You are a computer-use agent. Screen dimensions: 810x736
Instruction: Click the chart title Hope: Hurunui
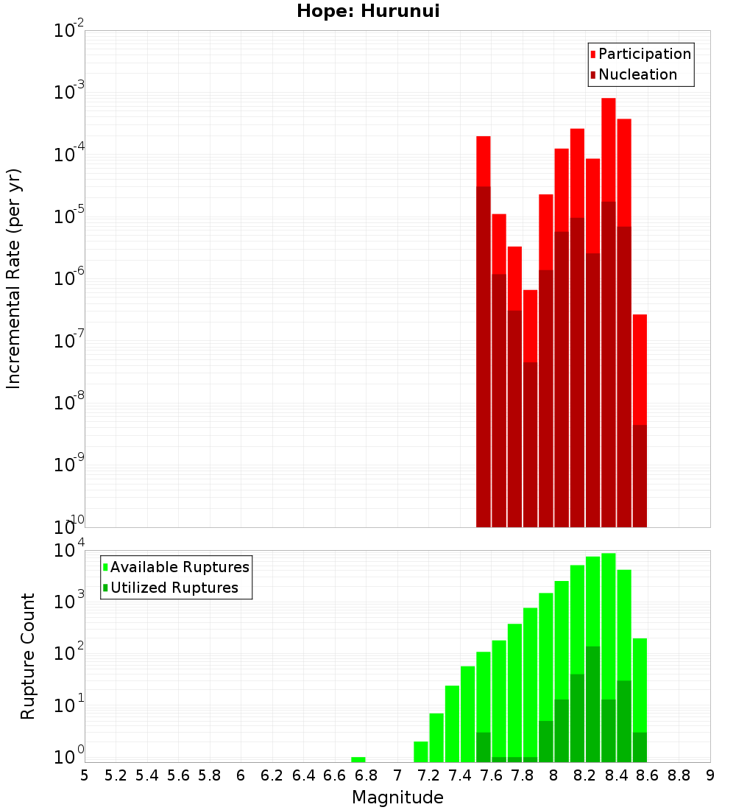pyautogui.click(x=368, y=12)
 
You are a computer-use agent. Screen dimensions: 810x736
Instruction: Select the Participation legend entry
pyautogui.click(x=644, y=54)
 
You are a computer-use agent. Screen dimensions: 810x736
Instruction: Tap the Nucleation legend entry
pyautogui.click(x=637, y=74)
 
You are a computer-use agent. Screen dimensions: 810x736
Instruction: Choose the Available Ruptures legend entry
pyautogui.click(x=179, y=567)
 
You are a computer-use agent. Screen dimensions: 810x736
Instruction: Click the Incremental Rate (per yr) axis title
pyautogui.click(x=14, y=278)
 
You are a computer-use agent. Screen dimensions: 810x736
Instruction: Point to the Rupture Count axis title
pyautogui.click(x=28, y=656)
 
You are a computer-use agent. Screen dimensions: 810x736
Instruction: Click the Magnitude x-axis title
pyautogui.click(x=397, y=797)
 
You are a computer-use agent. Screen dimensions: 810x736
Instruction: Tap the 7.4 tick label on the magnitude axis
pyautogui.click(x=460, y=775)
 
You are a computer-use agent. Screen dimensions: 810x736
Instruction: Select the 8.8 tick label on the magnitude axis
pyautogui.click(x=679, y=775)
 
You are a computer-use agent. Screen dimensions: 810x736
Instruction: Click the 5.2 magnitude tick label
pyautogui.click(x=116, y=775)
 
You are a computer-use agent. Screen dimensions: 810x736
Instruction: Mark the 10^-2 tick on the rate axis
pyautogui.click(x=69, y=31)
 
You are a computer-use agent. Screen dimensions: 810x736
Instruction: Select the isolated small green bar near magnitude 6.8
pyautogui.click(x=358, y=759)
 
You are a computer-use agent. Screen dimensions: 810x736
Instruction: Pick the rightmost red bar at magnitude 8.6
pyautogui.click(x=640, y=368)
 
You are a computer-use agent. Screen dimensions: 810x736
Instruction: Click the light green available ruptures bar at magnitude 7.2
pyautogui.click(x=436, y=736)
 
